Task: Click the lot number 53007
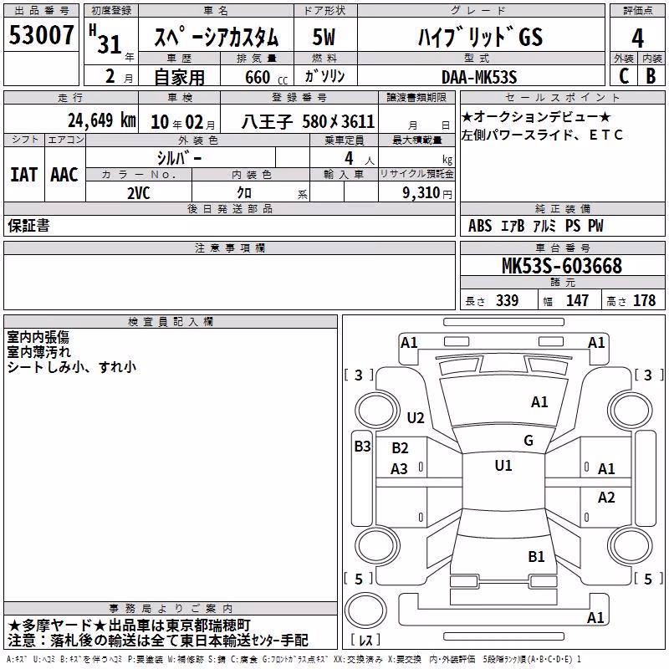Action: tap(41, 35)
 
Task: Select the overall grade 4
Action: tap(637, 38)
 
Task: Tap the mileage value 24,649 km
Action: tap(102, 120)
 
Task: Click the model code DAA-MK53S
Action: tap(479, 77)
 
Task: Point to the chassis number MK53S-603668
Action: tap(562, 266)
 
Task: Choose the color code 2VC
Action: tap(139, 193)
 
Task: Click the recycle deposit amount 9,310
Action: tap(421, 193)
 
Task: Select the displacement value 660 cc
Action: tap(266, 78)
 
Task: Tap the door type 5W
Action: tap(324, 37)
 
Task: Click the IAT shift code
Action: tap(24, 175)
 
